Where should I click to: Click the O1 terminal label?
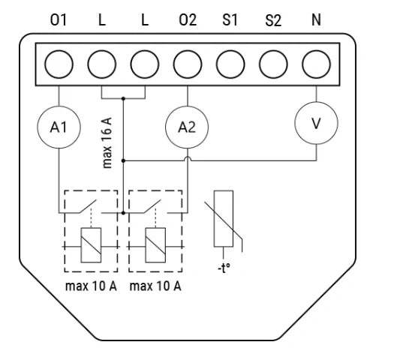pos(59,19)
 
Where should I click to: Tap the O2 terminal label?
pos(188,19)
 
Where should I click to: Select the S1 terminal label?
pos(230,19)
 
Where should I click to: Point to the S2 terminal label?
pos(273,20)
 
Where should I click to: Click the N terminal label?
pos(316,19)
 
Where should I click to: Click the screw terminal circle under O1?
pos(59,64)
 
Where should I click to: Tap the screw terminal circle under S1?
pos(230,64)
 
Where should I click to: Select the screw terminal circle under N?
pos(317,64)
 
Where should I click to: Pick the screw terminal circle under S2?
pos(273,64)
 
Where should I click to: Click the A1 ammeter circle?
pos(59,127)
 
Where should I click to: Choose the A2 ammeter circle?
pos(187,127)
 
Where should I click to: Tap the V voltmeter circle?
pos(316,123)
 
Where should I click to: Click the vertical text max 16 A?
pos(107,142)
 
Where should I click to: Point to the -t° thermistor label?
pos(224,268)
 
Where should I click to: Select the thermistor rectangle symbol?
pos(224,219)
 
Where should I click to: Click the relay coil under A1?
pos(91,245)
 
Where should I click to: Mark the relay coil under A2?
pos(155,245)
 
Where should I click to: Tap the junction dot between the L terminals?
pos(123,98)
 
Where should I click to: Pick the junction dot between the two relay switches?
pos(123,213)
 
